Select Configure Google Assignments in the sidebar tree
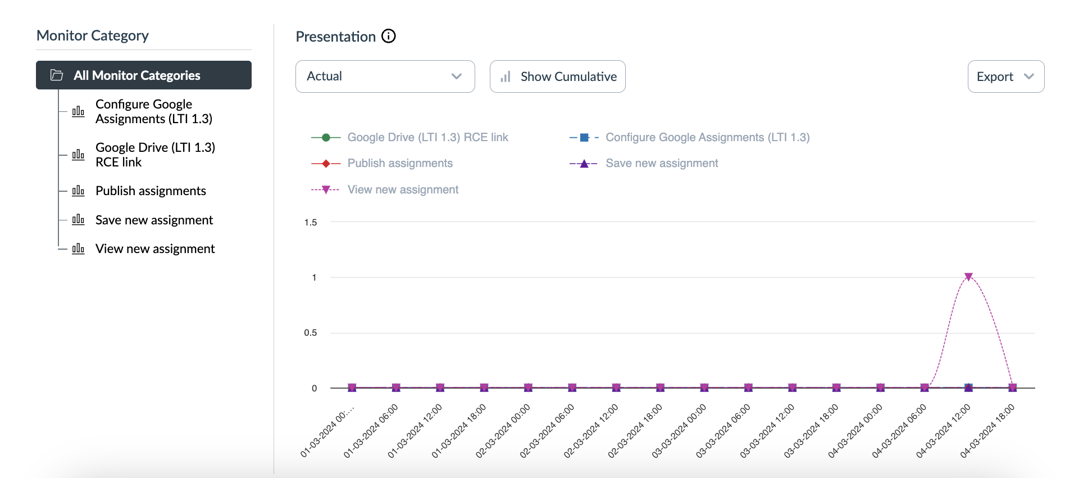(153, 111)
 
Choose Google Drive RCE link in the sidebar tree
(155, 155)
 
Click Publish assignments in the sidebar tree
(151, 191)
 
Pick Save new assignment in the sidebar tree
(154, 220)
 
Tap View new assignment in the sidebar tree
(155, 249)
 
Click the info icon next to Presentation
(389, 37)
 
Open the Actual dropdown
(385, 76)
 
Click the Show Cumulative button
(557, 76)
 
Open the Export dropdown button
(1005, 76)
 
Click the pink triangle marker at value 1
(968, 277)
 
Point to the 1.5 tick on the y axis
(311, 223)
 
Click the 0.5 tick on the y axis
(311, 333)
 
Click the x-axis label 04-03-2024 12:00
(944, 431)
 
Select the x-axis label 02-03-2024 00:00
(504, 431)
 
